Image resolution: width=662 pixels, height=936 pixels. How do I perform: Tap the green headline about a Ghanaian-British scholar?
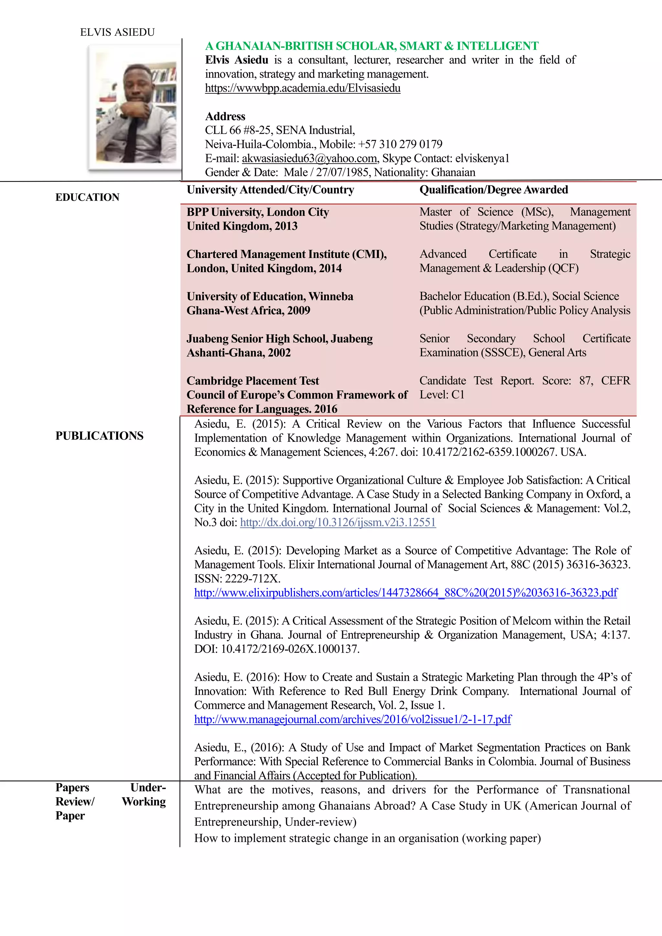[371, 46]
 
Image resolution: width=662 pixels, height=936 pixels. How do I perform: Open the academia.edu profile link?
[303, 88]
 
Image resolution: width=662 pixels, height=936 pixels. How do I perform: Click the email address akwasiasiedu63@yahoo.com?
[309, 158]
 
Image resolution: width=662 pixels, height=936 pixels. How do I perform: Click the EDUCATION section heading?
[87, 197]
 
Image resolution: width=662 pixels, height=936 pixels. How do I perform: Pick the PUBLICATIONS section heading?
[100, 436]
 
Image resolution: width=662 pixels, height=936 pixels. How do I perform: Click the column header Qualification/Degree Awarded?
[494, 190]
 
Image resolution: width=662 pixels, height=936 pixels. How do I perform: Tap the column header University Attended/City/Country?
[270, 190]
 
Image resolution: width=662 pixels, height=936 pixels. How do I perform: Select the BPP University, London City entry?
[258, 212]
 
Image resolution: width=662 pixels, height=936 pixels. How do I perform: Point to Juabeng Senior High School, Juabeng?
[280, 338]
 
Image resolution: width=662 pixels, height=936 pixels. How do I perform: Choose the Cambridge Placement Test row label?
[253, 381]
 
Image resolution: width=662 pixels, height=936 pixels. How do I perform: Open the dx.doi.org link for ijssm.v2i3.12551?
[338, 522]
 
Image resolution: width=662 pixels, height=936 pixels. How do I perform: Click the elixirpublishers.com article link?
[406, 592]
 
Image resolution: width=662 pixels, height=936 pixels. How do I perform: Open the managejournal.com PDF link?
[353, 719]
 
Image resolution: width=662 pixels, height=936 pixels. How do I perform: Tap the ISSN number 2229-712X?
[253, 579]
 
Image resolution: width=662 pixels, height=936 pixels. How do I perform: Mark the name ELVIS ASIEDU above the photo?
[117, 32]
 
